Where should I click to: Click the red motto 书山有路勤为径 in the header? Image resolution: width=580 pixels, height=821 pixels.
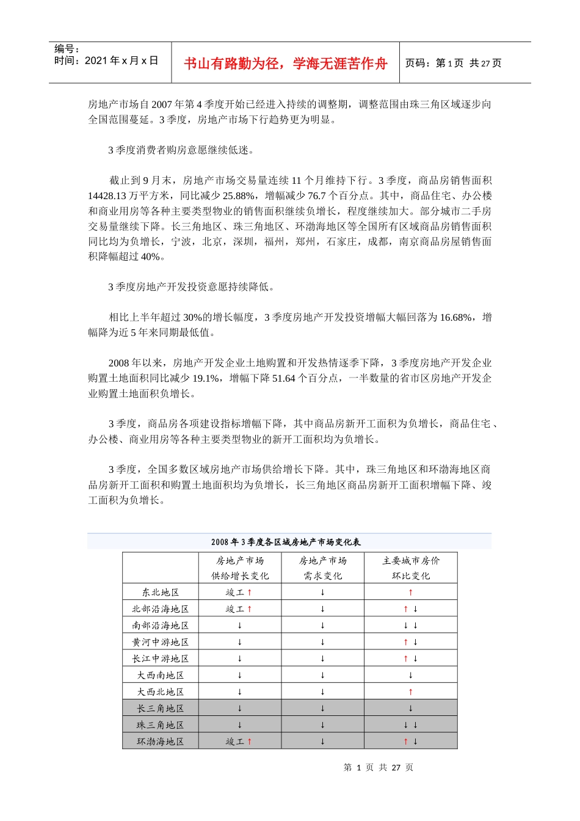point(286,64)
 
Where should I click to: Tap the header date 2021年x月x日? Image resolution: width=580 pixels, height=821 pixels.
point(106,60)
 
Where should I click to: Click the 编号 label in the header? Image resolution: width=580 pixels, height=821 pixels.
point(67,49)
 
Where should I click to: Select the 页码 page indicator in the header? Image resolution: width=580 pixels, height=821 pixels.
point(453,63)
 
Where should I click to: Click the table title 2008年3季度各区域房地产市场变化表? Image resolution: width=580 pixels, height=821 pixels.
point(286,542)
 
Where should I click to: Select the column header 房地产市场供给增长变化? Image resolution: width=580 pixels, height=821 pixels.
point(240,568)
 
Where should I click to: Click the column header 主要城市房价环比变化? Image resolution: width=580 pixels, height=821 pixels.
point(410,568)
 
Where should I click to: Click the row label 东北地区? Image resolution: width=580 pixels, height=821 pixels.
point(160,593)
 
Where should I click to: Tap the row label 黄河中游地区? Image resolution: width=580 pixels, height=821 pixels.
point(160,642)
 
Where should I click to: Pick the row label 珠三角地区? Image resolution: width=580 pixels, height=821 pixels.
point(160,725)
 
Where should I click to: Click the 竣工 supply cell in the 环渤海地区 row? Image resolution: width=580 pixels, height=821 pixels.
point(239,742)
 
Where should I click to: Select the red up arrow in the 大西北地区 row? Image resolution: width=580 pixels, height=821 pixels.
point(410,692)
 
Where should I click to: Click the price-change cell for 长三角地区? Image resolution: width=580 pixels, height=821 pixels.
point(410,709)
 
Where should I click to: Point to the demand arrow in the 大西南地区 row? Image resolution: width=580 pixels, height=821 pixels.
point(322,676)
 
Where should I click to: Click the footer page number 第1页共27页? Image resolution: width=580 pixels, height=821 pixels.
point(378,767)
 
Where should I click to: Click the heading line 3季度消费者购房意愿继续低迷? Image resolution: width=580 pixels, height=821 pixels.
point(181,150)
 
